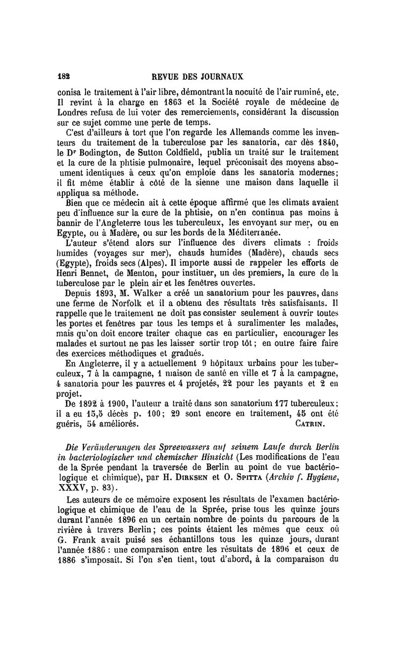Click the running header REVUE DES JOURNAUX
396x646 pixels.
[198, 77]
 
